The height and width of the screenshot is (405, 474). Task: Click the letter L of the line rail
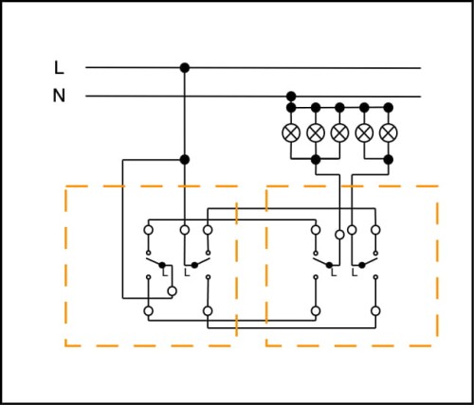click(59, 68)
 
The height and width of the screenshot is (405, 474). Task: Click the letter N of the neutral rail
click(59, 96)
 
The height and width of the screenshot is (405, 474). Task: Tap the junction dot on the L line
click(185, 68)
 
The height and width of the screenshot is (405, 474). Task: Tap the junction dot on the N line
click(291, 96)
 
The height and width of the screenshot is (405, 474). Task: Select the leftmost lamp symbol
click(291, 132)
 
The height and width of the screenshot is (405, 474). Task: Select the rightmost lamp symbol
click(389, 132)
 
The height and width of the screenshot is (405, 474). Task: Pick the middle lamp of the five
click(339, 132)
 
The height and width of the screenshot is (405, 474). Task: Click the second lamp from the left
click(316, 132)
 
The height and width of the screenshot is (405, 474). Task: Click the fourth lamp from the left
click(364, 132)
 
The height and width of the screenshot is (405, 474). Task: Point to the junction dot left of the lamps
click(185, 160)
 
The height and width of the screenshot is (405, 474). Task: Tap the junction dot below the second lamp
click(316, 160)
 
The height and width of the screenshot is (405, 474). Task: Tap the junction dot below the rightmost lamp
click(389, 160)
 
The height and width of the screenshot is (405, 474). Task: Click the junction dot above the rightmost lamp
click(389, 108)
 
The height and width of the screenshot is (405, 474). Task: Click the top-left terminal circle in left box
click(149, 230)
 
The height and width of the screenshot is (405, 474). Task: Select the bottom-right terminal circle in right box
click(375, 311)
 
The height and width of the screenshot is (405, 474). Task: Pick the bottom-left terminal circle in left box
click(149, 311)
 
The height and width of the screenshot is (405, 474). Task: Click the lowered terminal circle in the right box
click(339, 235)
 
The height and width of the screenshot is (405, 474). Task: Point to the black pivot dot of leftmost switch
click(162, 265)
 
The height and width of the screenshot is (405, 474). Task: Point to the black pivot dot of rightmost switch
click(362, 265)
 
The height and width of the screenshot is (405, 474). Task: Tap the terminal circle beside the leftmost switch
click(172, 291)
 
